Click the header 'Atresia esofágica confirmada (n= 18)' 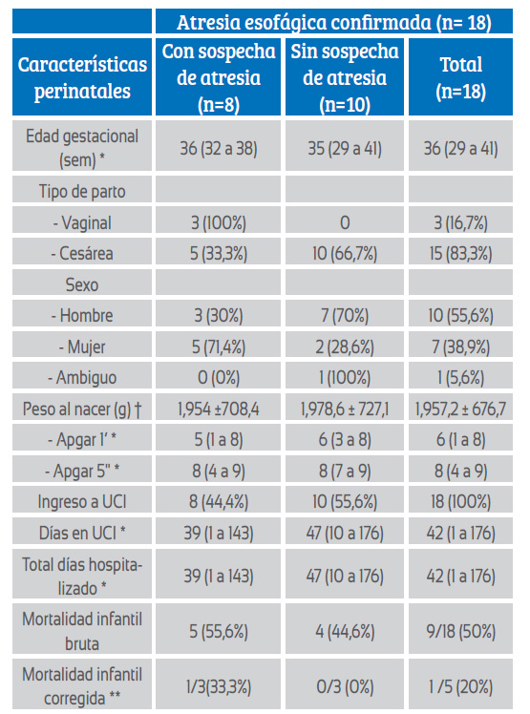(x=334, y=22)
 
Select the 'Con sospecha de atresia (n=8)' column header (x=219, y=77)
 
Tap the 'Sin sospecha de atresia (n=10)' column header (x=345, y=77)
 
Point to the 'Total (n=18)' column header (x=460, y=77)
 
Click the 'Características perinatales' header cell (x=82, y=77)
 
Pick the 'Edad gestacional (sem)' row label (x=82, y=148)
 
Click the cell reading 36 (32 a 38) (x=219, y=149)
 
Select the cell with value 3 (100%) (x=219, y=222)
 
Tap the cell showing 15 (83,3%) (x=460, y=254)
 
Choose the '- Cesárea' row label (x=82, y=253)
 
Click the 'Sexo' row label (x=82, y=284)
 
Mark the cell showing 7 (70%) (x=345, y=316)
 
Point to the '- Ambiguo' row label (x=82, y=377)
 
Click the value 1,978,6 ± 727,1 (x=345, y=409)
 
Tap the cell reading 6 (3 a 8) (x=345, y=440)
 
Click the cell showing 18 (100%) (x=460, y=502)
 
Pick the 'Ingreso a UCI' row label (x=82, y=502)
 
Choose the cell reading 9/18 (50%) (x=460, y=632)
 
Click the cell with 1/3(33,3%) (x=219, y=687)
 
